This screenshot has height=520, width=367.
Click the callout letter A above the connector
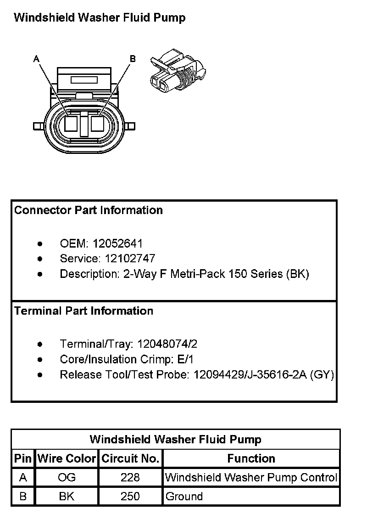(x=36, y=58)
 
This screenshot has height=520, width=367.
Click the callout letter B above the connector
(x=133, y=58)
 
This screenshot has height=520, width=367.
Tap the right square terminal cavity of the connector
(x=98, y=124)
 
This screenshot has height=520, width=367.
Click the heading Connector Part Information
(x=89, y=210)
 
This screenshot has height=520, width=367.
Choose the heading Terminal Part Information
(x=83, y=311)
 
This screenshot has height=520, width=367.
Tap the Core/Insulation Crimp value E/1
(x=189, y=359)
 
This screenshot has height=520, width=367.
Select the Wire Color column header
(x=67, y=458)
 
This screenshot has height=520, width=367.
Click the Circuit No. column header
(x=130, y=458)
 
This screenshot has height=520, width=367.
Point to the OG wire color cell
(x=67, y=478)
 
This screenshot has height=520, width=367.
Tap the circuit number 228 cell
(x=130, y=478)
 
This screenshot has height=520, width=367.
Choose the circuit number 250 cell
(x=130, y=497)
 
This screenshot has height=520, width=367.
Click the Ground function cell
(x=184, y=497)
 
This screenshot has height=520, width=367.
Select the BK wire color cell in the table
(x=67, y=497)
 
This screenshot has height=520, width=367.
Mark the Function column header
(x=251, y=458)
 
